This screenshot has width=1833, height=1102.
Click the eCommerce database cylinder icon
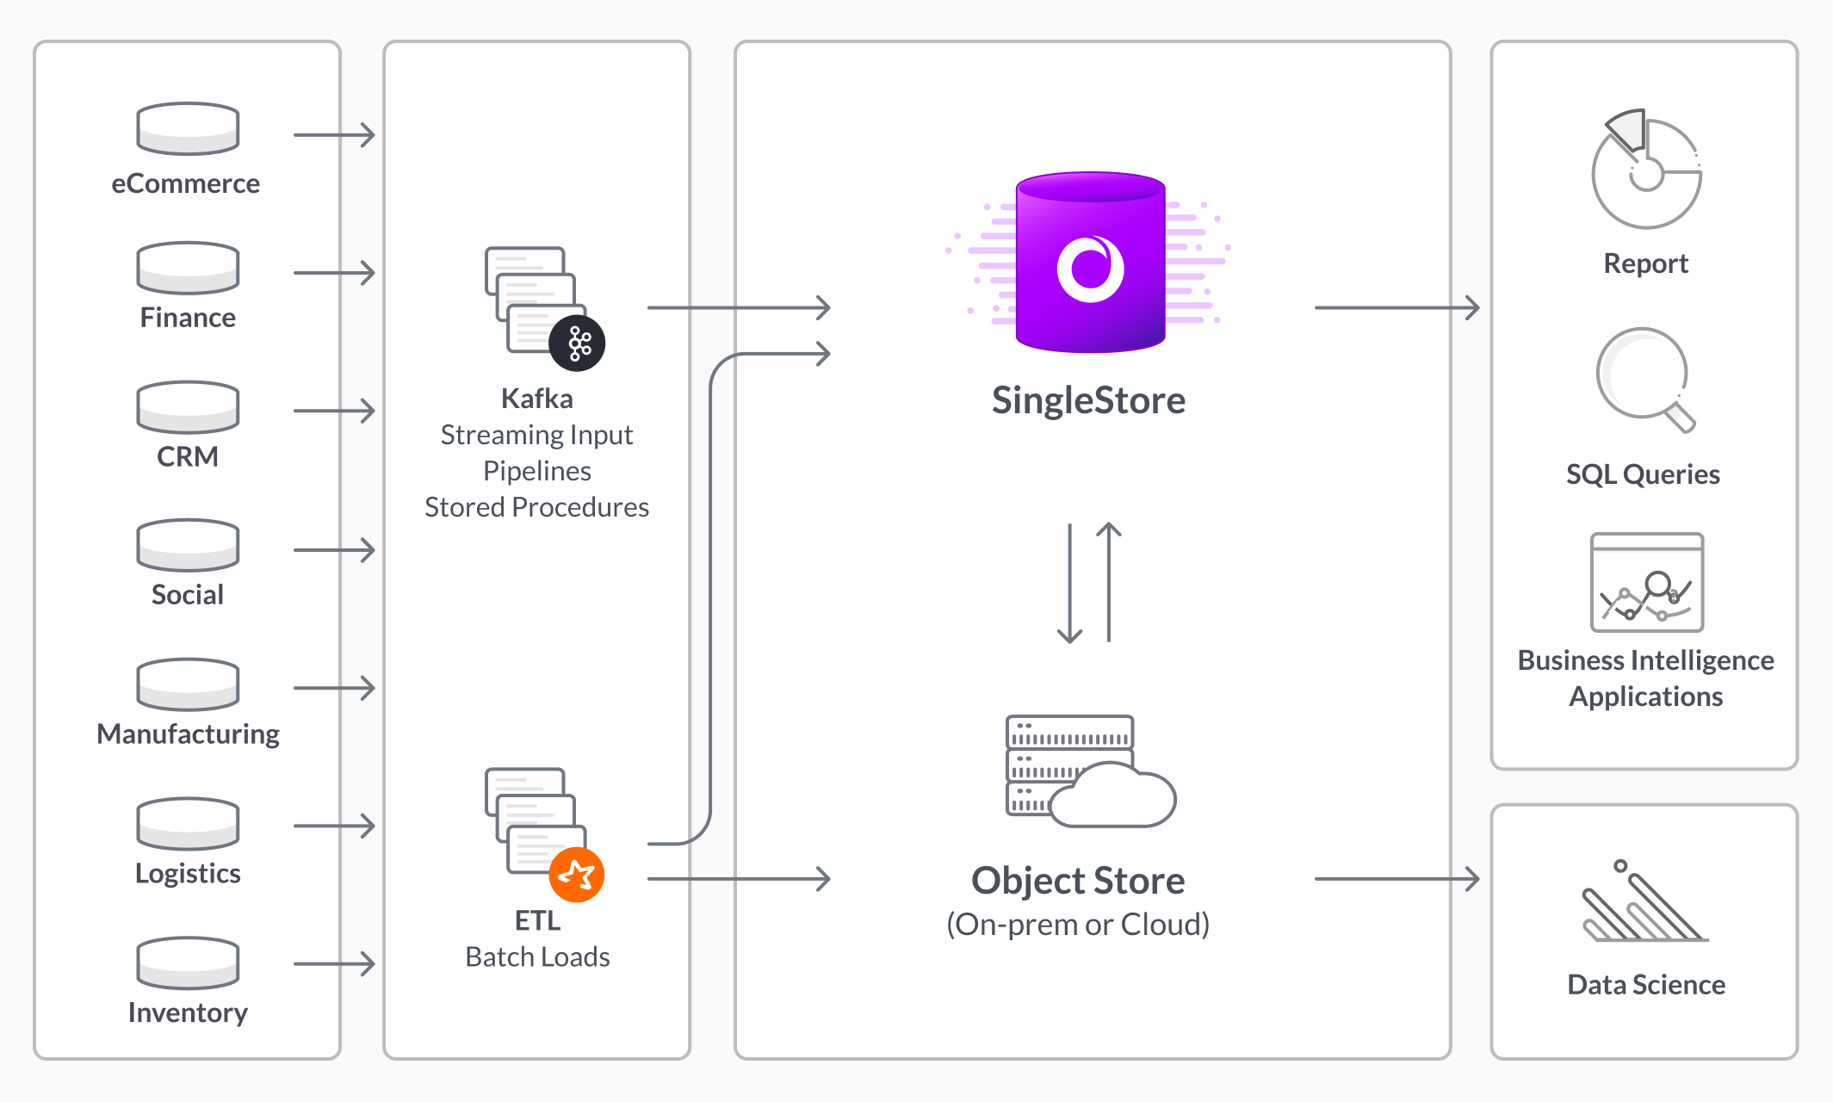pyautogui.click(x=188, y=129)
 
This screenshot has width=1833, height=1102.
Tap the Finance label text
pyautogui.click(x=188, y=318)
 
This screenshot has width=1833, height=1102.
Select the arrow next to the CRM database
pyautogui.click(x=334, y=411)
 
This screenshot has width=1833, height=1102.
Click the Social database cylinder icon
pyautogui.click(x=188, y=545)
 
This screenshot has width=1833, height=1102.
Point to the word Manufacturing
pyautogui.click(x=188, y=734)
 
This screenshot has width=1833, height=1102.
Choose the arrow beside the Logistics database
pyautogui.click(x=334, y=826)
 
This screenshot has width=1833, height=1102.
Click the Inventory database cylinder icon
pyautogui.click(x=188, y=963)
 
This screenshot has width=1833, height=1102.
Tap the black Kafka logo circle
pyautogui.click(x=578, y=344)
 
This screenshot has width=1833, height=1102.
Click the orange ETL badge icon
pyautogui.click(x=577, y=875)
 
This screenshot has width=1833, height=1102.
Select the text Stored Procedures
pyautogui.click(x=536, y=507)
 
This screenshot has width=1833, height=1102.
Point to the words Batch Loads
pyautogui.click(x=537, y=957)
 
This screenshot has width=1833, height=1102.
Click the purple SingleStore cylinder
pyautogui.click(x=1090, y=263)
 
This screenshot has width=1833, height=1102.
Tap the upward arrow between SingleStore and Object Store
pyautogui.click(x=1109, y=582)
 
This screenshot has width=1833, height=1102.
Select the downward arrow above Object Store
pyautogui.click(x=1069, y=584)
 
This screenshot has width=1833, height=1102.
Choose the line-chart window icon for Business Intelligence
pyautogui.click(x=1646, y=583)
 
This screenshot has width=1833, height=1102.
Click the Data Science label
pyautogui.click(x=1645, y=984)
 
